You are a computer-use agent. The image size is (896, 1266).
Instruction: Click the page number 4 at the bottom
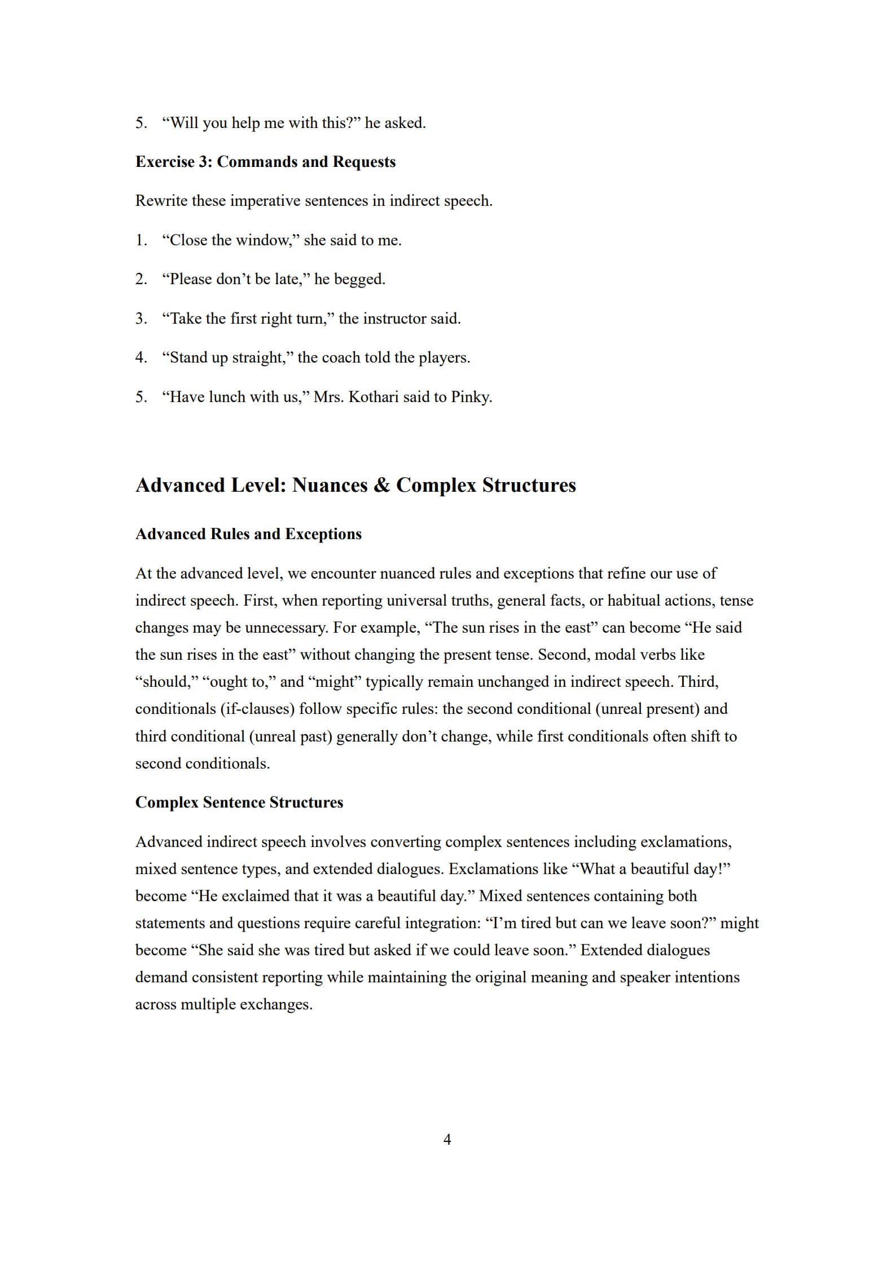click(447, 1139)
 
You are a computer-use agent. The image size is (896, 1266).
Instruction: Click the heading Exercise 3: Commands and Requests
click(265, 162)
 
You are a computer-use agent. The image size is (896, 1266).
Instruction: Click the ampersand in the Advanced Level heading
click(381, 486)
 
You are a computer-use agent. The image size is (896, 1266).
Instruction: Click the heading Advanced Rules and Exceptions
click(248, 534)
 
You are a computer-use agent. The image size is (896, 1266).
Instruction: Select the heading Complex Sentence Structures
click(239, 802)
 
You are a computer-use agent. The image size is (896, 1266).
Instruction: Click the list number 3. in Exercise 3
click(141, 319)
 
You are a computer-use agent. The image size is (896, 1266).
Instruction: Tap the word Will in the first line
click(184, 123)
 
